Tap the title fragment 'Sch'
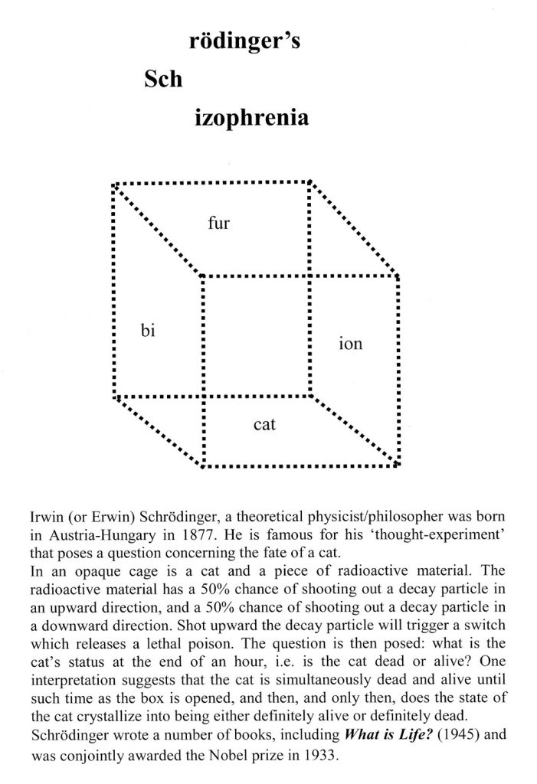tap(163, 80)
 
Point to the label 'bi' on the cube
tap(149, 331)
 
